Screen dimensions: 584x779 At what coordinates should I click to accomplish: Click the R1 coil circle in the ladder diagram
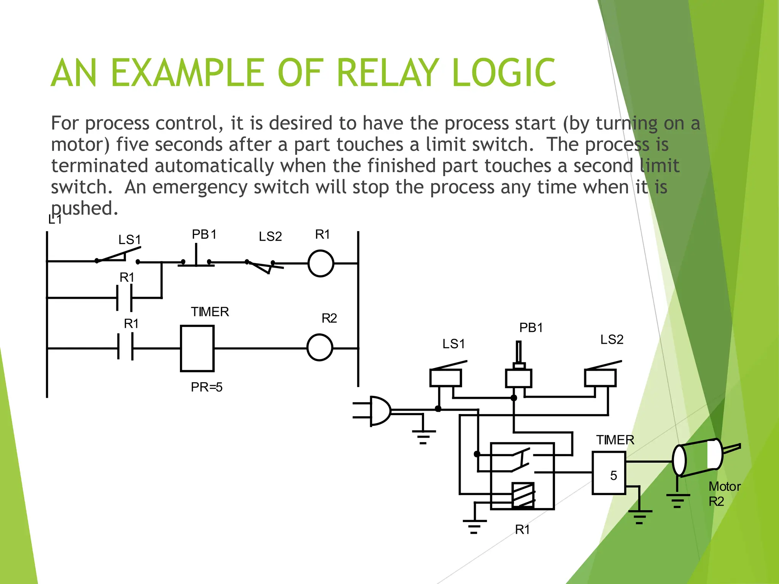(x=321, y=263)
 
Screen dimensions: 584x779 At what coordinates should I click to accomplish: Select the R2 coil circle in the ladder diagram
(x=320, y=347)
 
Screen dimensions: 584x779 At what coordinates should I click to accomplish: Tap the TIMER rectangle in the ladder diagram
(x=197, y=348)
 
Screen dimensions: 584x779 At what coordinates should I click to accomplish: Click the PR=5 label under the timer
(x=207, y=387)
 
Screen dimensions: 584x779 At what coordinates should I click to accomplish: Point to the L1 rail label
(x=55, y=219)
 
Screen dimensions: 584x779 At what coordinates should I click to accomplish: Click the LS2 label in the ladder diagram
(x=270, y=236)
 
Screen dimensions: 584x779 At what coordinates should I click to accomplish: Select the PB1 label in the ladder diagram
(x=204, y=234)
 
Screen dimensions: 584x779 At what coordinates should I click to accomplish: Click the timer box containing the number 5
(x=609, y=473)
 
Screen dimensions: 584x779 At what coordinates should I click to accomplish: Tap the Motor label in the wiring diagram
(x=725, y=486)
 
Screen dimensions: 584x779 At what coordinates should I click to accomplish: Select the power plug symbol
(x=375, y=411)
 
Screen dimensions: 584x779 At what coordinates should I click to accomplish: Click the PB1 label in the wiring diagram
(x=531, y=327)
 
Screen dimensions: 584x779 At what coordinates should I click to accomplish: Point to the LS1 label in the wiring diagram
(x=453, y=344)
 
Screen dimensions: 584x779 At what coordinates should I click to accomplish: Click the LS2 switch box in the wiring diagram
(x=600, y=378)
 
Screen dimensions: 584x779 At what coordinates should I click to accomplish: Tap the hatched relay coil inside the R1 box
(x=523, y=495)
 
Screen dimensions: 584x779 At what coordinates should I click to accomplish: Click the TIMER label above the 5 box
(x=615, y=440)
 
